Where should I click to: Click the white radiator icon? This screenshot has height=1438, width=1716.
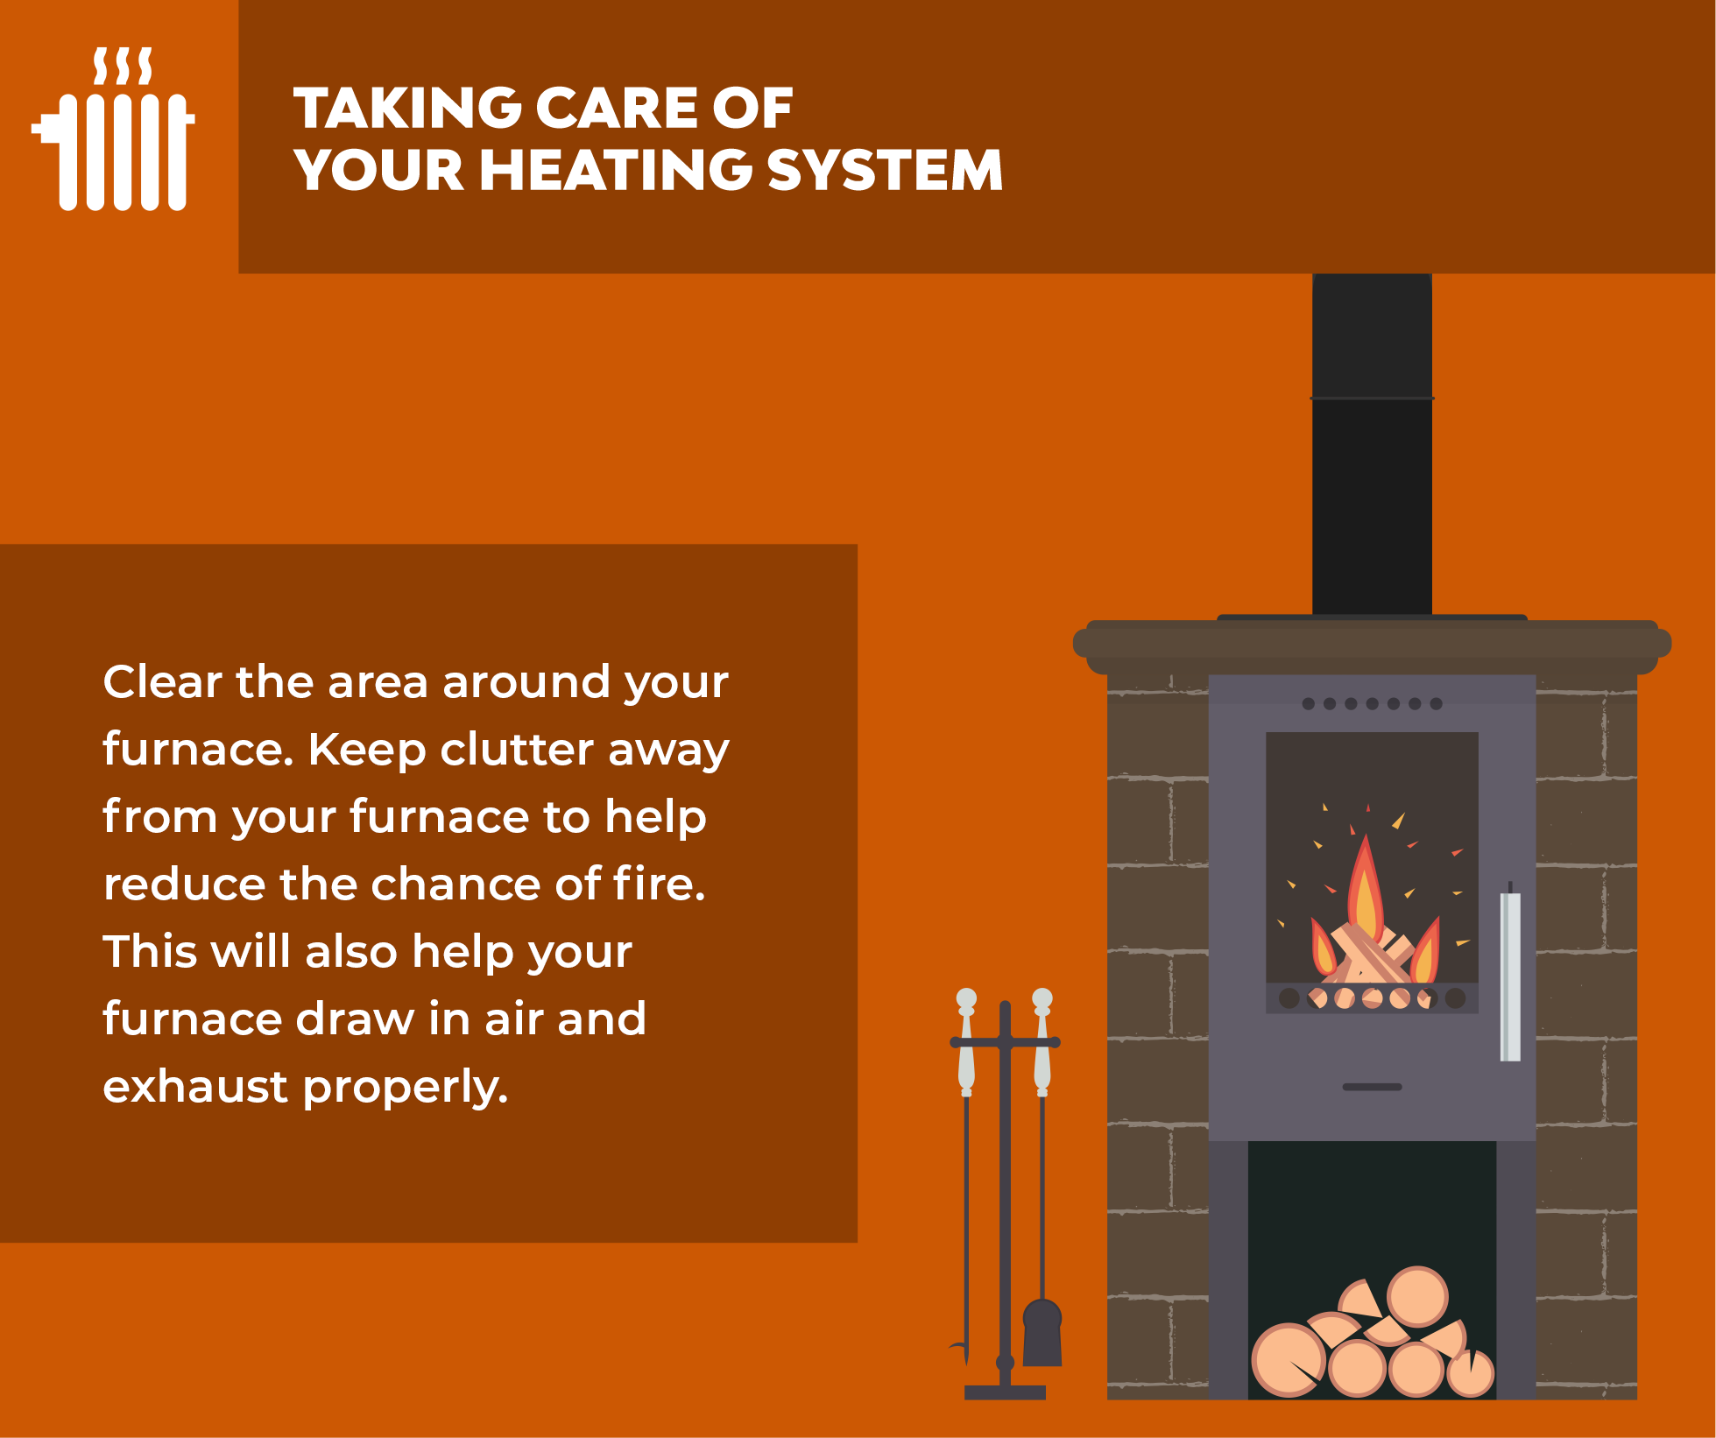113,129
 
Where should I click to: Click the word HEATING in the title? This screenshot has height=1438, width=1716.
615,169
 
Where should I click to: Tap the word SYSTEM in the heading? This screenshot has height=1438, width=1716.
885,169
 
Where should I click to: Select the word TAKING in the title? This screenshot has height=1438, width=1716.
406,108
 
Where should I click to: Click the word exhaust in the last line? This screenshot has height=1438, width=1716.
195,1087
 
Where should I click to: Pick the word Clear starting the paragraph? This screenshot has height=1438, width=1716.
162,681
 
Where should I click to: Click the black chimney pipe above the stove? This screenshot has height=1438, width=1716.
1372,444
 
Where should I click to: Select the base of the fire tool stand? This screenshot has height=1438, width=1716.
1005,1392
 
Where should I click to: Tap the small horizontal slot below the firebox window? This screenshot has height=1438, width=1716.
1373,1087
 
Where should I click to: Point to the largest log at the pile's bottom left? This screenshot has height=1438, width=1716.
1289,1359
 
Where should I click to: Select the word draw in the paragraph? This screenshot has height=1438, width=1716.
355,1019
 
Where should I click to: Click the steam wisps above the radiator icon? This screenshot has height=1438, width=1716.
124,67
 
